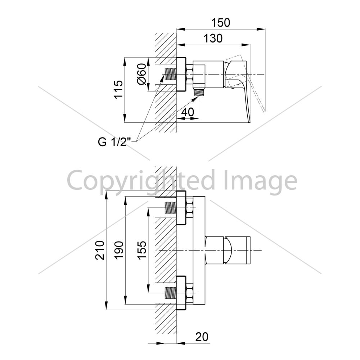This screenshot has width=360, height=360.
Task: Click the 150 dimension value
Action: pyautogui.click(x=220, y=23)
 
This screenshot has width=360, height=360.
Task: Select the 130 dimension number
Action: pyautogui.click(x=213, y=39)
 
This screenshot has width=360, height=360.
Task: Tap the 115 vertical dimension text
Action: pyautogui.click(x=119, y=90)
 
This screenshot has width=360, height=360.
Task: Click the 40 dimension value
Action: pyautogui.click(x=188, y=112)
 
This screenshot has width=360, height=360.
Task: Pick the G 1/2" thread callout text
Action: pyautogui.click(x=114, y=142)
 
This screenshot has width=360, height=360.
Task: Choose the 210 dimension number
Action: pyautogui.click(x=100, y=250)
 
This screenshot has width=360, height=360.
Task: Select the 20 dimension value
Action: pyautogui.click(x=202, y=337)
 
